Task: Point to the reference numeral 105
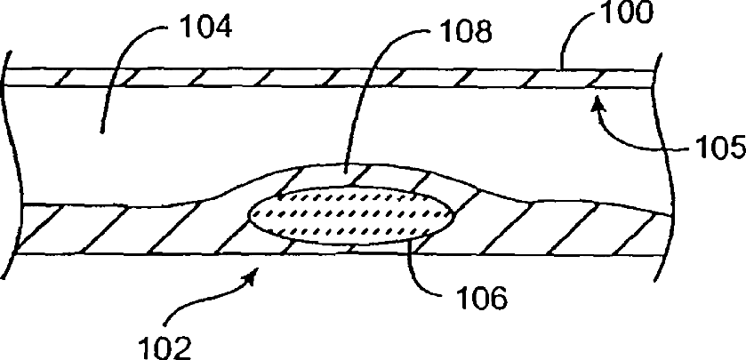tap(716, 147)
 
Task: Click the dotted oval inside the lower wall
tap(349, 216)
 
